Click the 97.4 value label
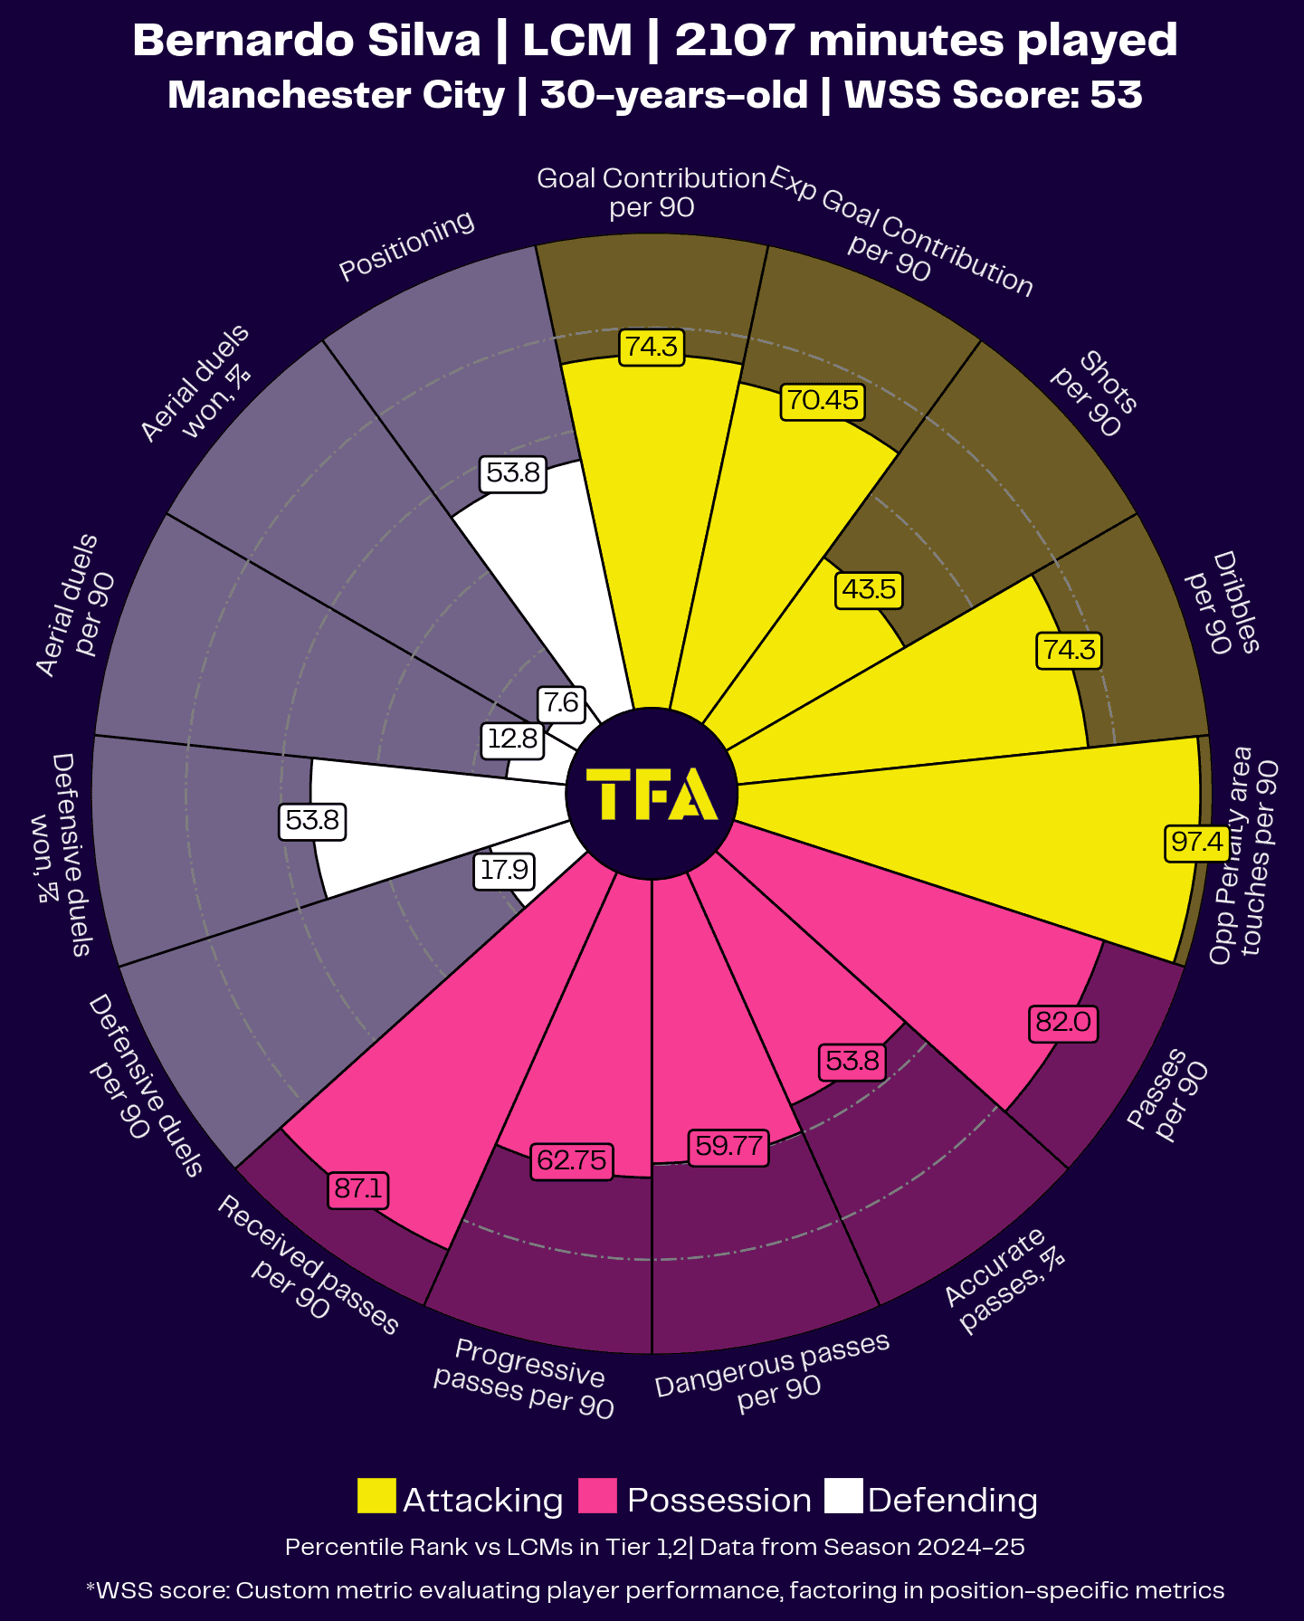pyautogui.click(x=1196, y=843)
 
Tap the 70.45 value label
pyautogui.click(x=822, y=400)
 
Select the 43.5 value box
pyautogui.click(x=869, y=589)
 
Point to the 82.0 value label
pyautogui.click(x=1063, y=1023)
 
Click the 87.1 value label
pyautogui.click(x=358, y=1187)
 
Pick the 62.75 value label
pyautogui.click(x=572, y=1159)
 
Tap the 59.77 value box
pyautogui.click(x=728, y=1147)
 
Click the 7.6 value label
pyautogui.click(x=561, y=702)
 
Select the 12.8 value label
pyautogui.click(x=513, y=739)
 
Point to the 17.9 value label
pyautogui.click(x=504, y=871)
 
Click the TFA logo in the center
pyautogui.click(x=652, y=794)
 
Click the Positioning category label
pyautogui.click(x=406, y=246)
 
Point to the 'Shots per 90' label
pyautogui.click(x=1095, y=393)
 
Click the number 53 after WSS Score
pyautogui.click(x=1116, y=95)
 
